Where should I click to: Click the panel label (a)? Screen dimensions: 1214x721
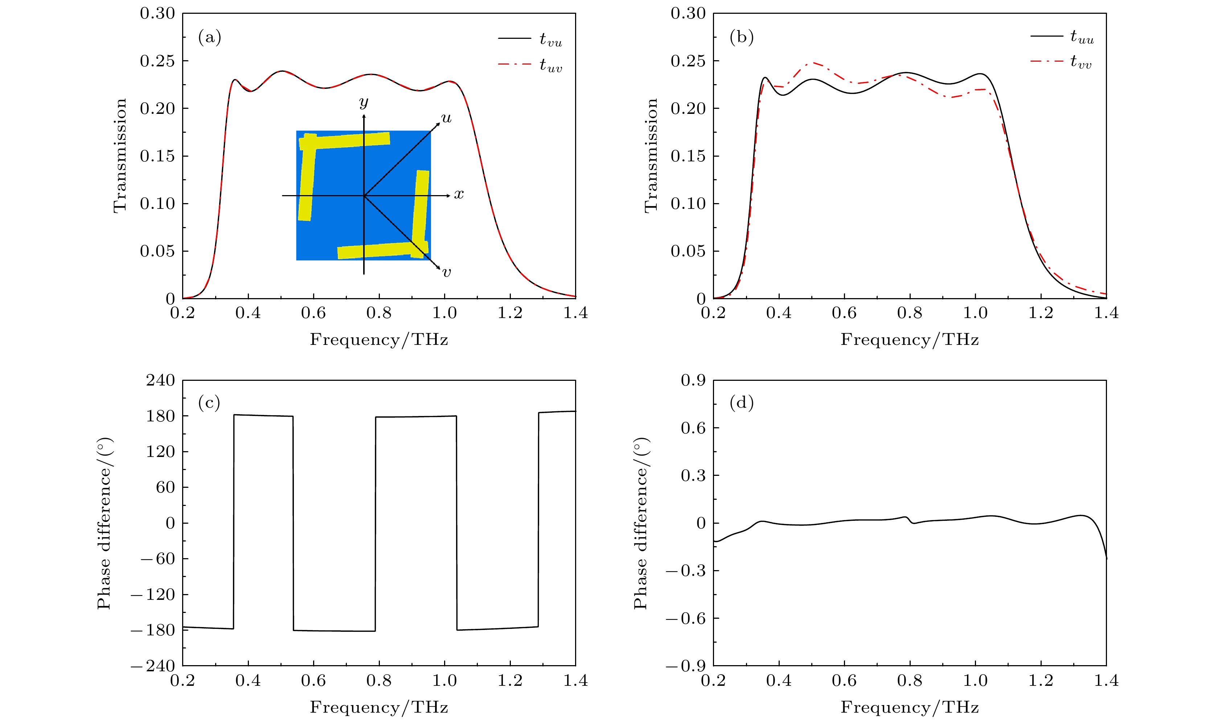pyautogui.click(x=209, y=37)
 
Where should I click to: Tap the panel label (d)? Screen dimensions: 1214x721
pyautogui.click(x=742, y=403)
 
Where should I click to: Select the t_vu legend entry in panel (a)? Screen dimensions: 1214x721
pyautogui.click(x=530, y=38)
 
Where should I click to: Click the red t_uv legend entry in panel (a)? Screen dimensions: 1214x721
pyautogui.click(x=530, y=65)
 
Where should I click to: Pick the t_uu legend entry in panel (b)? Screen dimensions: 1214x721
pyautogui.click(x=1062, y=36)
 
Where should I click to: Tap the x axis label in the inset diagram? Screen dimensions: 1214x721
pyautogui.click(x=459, y=195)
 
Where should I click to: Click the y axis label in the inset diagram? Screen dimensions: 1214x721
pyautogui.click(x=364, y=103)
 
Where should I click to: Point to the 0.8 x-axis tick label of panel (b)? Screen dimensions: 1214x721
pyautogui.click(x=909, y=312)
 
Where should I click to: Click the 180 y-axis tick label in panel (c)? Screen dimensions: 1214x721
pyautogui.click(x=160, y=416)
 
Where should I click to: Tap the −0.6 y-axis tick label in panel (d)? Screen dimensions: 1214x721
pyautogui.click(x=686, y=618)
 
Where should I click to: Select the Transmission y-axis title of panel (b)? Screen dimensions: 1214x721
pyautogui.click(x=651, y=156)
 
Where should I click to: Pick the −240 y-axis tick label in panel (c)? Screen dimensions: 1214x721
pyautogui.click(x=153, y=666)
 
